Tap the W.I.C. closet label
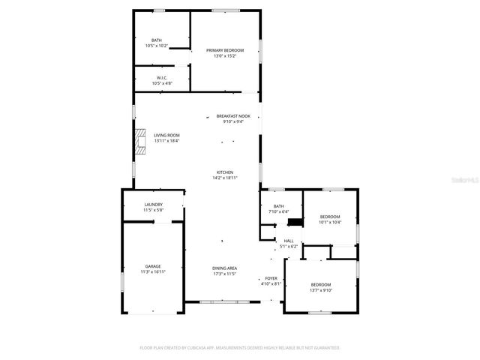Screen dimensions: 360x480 161,78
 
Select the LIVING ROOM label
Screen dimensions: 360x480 166,136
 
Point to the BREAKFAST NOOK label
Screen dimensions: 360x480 233,116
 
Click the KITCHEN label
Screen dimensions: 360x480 225,172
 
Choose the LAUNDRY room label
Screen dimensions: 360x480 154,204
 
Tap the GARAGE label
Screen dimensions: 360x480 153,266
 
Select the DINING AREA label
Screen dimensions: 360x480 225,268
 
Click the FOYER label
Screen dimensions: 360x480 271,278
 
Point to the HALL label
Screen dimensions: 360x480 289,241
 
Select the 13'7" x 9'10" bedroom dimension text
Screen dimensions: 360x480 321,289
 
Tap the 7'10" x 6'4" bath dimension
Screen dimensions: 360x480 278,211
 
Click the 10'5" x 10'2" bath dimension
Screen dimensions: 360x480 156,46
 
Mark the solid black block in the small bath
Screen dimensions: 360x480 296,222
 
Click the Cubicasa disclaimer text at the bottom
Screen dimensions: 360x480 240,348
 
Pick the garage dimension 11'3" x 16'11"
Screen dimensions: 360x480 153,271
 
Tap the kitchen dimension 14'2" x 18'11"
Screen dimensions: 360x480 225,178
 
